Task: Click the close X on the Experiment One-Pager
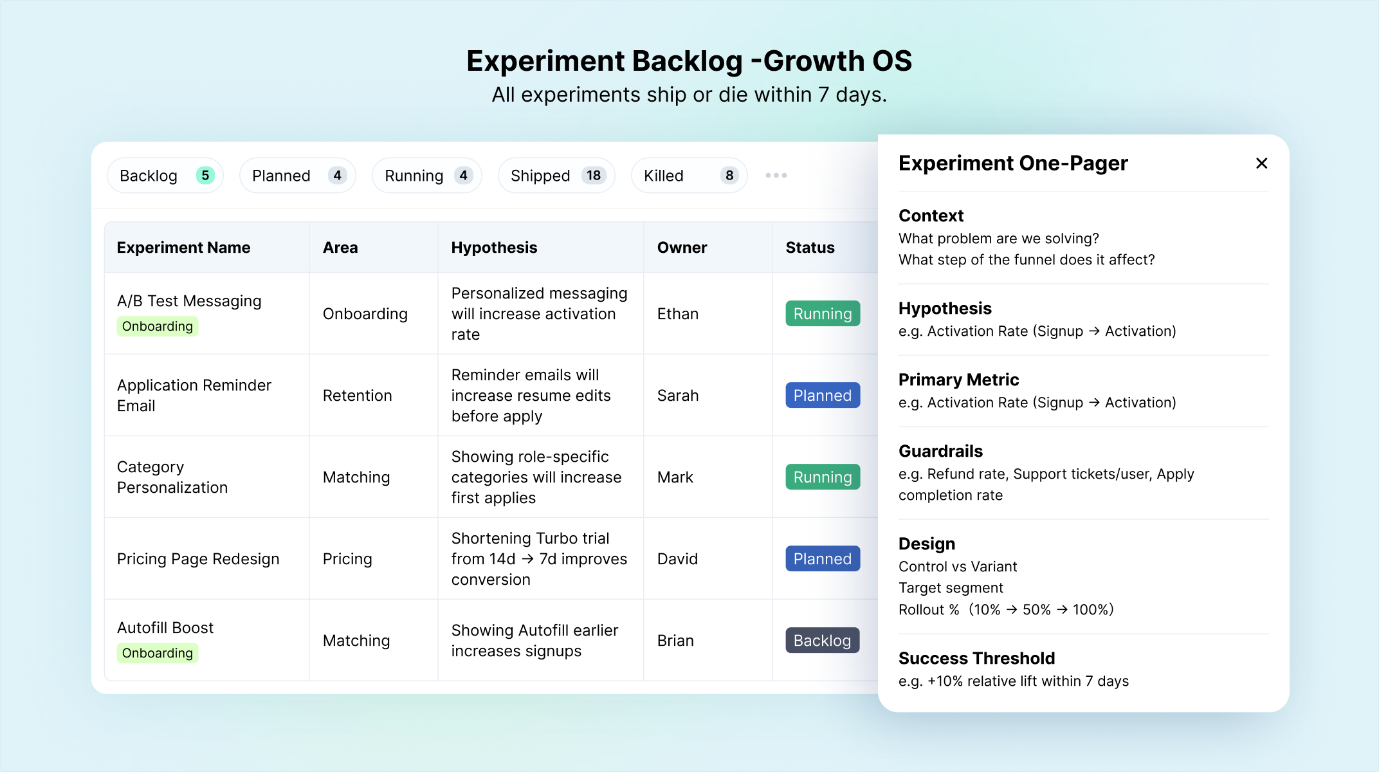pos(1261,163)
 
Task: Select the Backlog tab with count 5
pos(165,176)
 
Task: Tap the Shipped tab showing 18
pos(556,176)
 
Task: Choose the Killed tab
pos(689,176)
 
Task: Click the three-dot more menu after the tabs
pos(776,176)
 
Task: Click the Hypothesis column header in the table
pos(494,248)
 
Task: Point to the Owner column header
pos(682,248)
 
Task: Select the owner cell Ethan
pos(677,314)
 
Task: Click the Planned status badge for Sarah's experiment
pos(823,396)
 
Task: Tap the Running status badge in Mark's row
pos(823,477)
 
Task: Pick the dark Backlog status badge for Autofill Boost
pos(822,641)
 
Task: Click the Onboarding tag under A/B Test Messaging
pos(158,326)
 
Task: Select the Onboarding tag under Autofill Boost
pos(158,653)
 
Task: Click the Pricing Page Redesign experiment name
pos(198,559)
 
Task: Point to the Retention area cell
pos(357,396)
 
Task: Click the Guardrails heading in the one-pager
pos(940,451)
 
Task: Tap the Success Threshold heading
pos(976,658)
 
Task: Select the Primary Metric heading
pos(958,380)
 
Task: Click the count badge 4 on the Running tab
pos(463,176)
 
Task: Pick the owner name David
pos(677,559)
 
